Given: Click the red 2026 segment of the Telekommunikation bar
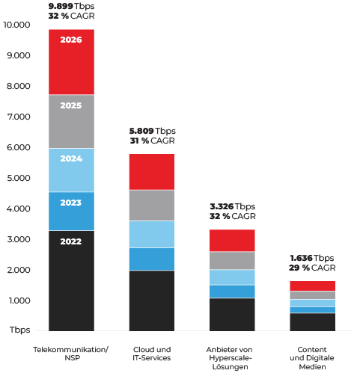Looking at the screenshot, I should coord(71,61).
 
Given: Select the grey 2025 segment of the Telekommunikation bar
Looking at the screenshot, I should coord(71,121).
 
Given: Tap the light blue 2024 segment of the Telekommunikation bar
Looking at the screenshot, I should coord(71,170).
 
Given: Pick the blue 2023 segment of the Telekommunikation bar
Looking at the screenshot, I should coord(71,211).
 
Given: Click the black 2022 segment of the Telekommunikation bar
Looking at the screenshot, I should coord(71,280).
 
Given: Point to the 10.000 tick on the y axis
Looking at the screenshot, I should coord(17,25).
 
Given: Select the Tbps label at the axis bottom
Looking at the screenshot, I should coord(20,330).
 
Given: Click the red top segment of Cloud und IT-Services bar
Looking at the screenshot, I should coord(151,171).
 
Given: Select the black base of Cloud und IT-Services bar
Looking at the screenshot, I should coord(151,300).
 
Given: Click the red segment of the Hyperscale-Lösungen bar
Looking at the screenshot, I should coord(232,240).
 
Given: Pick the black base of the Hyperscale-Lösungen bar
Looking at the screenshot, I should coord(232,314).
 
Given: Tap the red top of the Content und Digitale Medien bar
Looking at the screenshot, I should coord(312,286).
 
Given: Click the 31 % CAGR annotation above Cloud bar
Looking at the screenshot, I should coord(151,141).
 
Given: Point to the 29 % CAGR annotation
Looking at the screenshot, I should coord(312,268).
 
